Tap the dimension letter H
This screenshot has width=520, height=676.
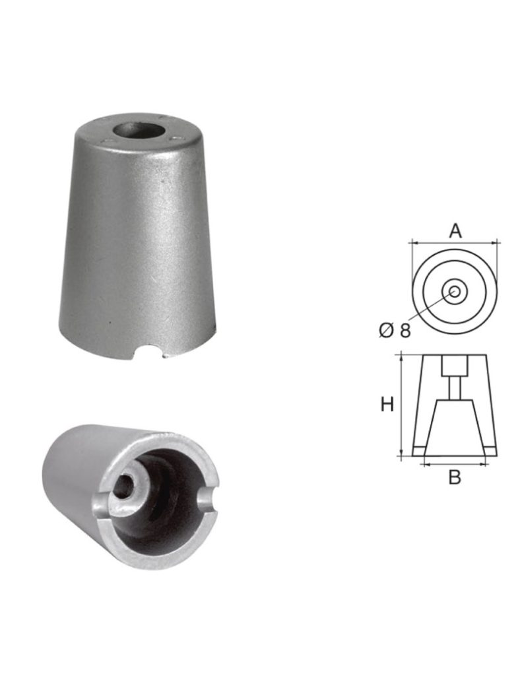(x=387, y=405)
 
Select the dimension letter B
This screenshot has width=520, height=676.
(x=455, y=477)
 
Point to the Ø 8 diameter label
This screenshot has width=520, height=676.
(x=395, y=331)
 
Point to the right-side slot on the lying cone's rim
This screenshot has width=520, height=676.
(x=207, y=500)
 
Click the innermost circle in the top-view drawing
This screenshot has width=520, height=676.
(x=455, y=291)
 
